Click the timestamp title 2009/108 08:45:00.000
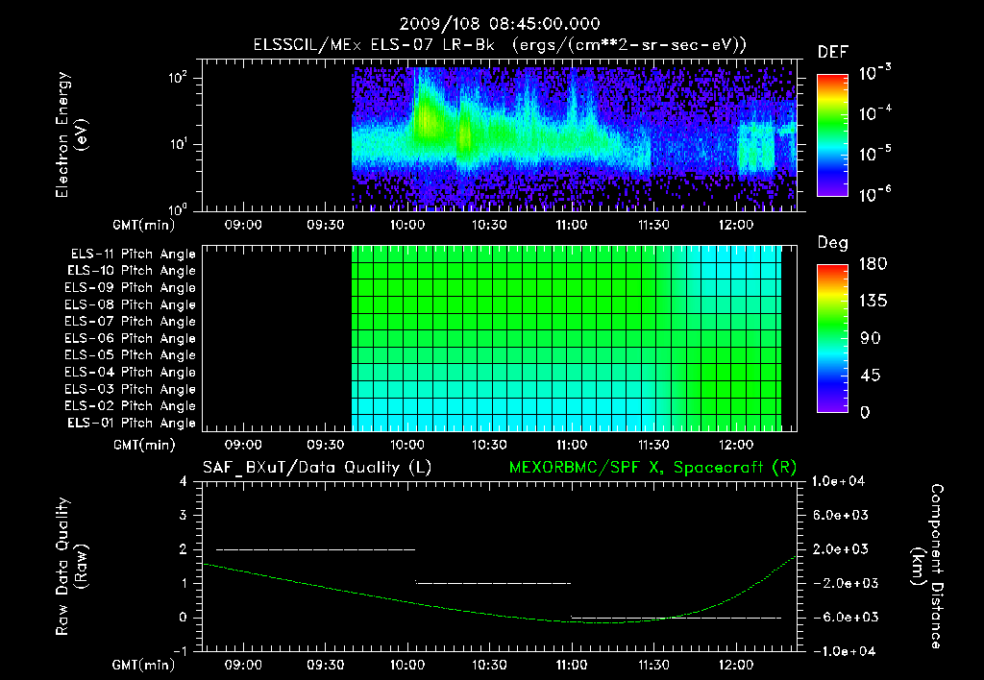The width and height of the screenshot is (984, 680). tap(491, 23)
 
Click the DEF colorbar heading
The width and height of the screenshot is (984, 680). tap(831, 52)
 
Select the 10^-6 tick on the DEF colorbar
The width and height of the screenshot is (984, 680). tap(878, 195)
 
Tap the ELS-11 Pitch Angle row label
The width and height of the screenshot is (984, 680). tap(131, 254)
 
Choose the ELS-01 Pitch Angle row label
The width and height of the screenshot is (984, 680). tap(131, 423)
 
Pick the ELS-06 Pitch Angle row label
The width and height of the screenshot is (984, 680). tap(131, 338)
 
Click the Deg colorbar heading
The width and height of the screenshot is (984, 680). tap(831, 242)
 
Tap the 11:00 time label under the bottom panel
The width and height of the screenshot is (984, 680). tap(572, 664)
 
